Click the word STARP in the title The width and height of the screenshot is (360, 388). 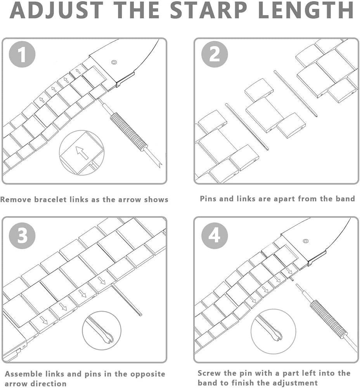click(x=211, y=10)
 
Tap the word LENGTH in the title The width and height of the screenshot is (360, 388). click(x=306, y=10)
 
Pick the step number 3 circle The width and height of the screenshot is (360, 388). click(x=22, y=235)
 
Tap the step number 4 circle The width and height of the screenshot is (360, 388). click(x=215, y=235)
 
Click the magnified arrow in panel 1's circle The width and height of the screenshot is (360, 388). click(x=82, y=152)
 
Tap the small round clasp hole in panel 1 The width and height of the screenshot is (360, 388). click(x=114, y=62)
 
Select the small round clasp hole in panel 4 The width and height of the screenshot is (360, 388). click(x=306, y=241)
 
